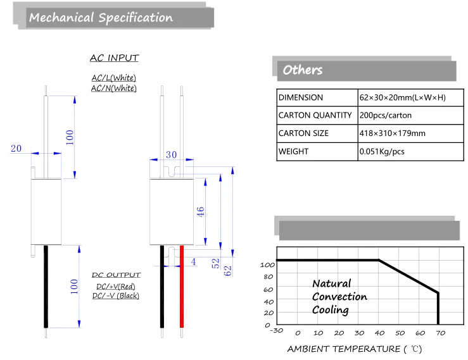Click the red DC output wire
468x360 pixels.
tap(182, 287)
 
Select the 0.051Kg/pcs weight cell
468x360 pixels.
tap(411, 151)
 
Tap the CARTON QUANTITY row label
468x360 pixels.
tap(315, 115)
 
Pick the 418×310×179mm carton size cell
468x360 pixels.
tap(411, 133)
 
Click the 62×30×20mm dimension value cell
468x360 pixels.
tap(411, 97)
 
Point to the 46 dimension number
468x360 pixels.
tap(200, 212)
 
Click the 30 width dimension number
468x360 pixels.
tap(172, 154)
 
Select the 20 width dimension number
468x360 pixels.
tap(16, 148)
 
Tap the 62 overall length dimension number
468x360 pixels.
tap(227, 271)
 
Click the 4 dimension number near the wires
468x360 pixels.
tap(194, 262)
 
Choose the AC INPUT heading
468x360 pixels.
tap(115, 58)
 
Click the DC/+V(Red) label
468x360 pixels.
tap(116, 287)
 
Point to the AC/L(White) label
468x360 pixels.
tap(114, 78)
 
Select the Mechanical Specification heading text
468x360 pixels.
tap(101, 18)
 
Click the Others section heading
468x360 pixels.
tap(303, 70)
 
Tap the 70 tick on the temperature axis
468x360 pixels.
tap(441, 333)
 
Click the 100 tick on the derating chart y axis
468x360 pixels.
tap(267, 265)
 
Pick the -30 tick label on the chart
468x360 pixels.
tap(276, 330)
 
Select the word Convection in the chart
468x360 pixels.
tap(339, 297)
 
